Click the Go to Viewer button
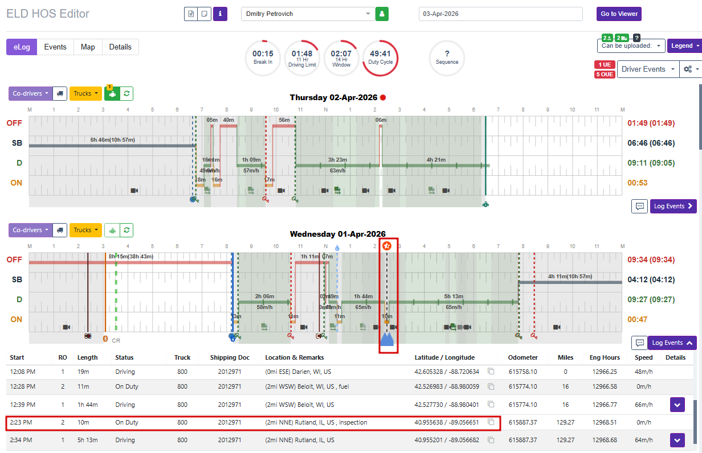[619, 14]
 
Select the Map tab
[88, 47]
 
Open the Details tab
[120, 47]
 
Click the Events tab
[55, 47]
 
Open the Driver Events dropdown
[647, 69]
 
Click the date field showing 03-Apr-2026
[500, 14]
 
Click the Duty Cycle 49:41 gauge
[380, 58]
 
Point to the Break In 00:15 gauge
[263, 58]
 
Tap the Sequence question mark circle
[447, 58]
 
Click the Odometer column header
[523, 357]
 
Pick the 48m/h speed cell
[644, 372]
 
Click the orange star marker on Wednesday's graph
[387, 246]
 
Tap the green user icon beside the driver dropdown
[382, 14]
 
